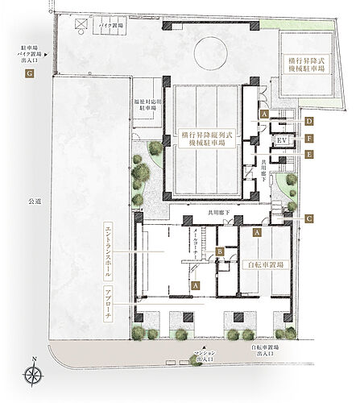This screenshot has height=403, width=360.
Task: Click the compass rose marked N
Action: pos(34,373)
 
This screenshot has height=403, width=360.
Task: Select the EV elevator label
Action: pos(282,141)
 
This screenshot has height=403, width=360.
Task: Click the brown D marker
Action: pos(308,121)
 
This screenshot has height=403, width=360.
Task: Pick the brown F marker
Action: pos(308,138)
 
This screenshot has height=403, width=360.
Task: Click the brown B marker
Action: pos(220,253)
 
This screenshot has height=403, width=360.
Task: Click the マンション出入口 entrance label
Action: pos(197,355)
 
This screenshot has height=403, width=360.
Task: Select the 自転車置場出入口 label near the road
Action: pos(267,352)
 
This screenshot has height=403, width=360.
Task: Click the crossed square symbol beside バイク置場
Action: pos(81,25)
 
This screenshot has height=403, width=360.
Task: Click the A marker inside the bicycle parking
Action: pos(256,232)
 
